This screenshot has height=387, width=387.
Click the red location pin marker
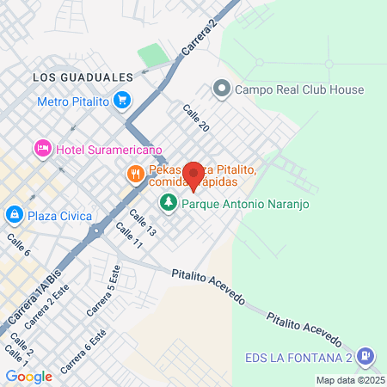(x=193, y=175)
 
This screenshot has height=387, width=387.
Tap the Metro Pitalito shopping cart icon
(x=122, y=101)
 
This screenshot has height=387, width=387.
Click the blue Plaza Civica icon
(x=15, y=214)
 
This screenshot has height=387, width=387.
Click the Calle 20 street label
(x=196, y=119)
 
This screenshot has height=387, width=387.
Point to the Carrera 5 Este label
(x=101, y=290)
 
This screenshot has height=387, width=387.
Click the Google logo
(x=28, y=376)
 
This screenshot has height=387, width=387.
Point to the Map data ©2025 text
(x=350, y=380)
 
